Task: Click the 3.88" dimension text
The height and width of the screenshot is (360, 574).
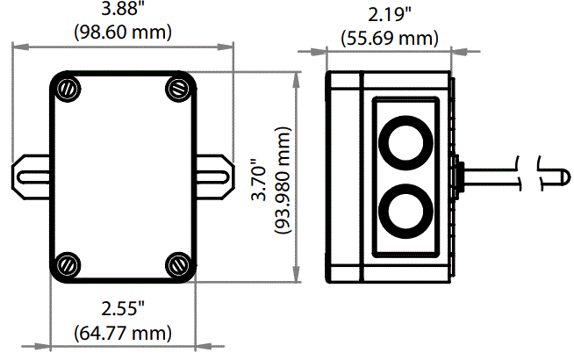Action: (x=124, y=11)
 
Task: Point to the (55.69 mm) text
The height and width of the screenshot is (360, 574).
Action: (x=388, y=36)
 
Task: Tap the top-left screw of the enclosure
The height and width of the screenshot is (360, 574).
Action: (x=68, y=88)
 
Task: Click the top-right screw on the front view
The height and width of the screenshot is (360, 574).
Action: (x=178, y=88)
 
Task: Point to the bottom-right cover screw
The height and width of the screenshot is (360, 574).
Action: (x=178, y=263)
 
